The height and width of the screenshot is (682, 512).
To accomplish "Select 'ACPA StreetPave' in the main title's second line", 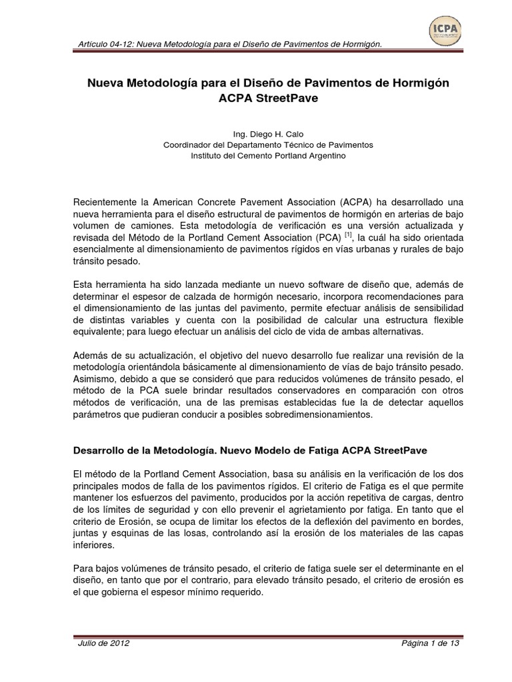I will (x=269, y=97).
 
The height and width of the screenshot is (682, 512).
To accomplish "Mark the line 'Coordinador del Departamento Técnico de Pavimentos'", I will (x=269, y=144).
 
